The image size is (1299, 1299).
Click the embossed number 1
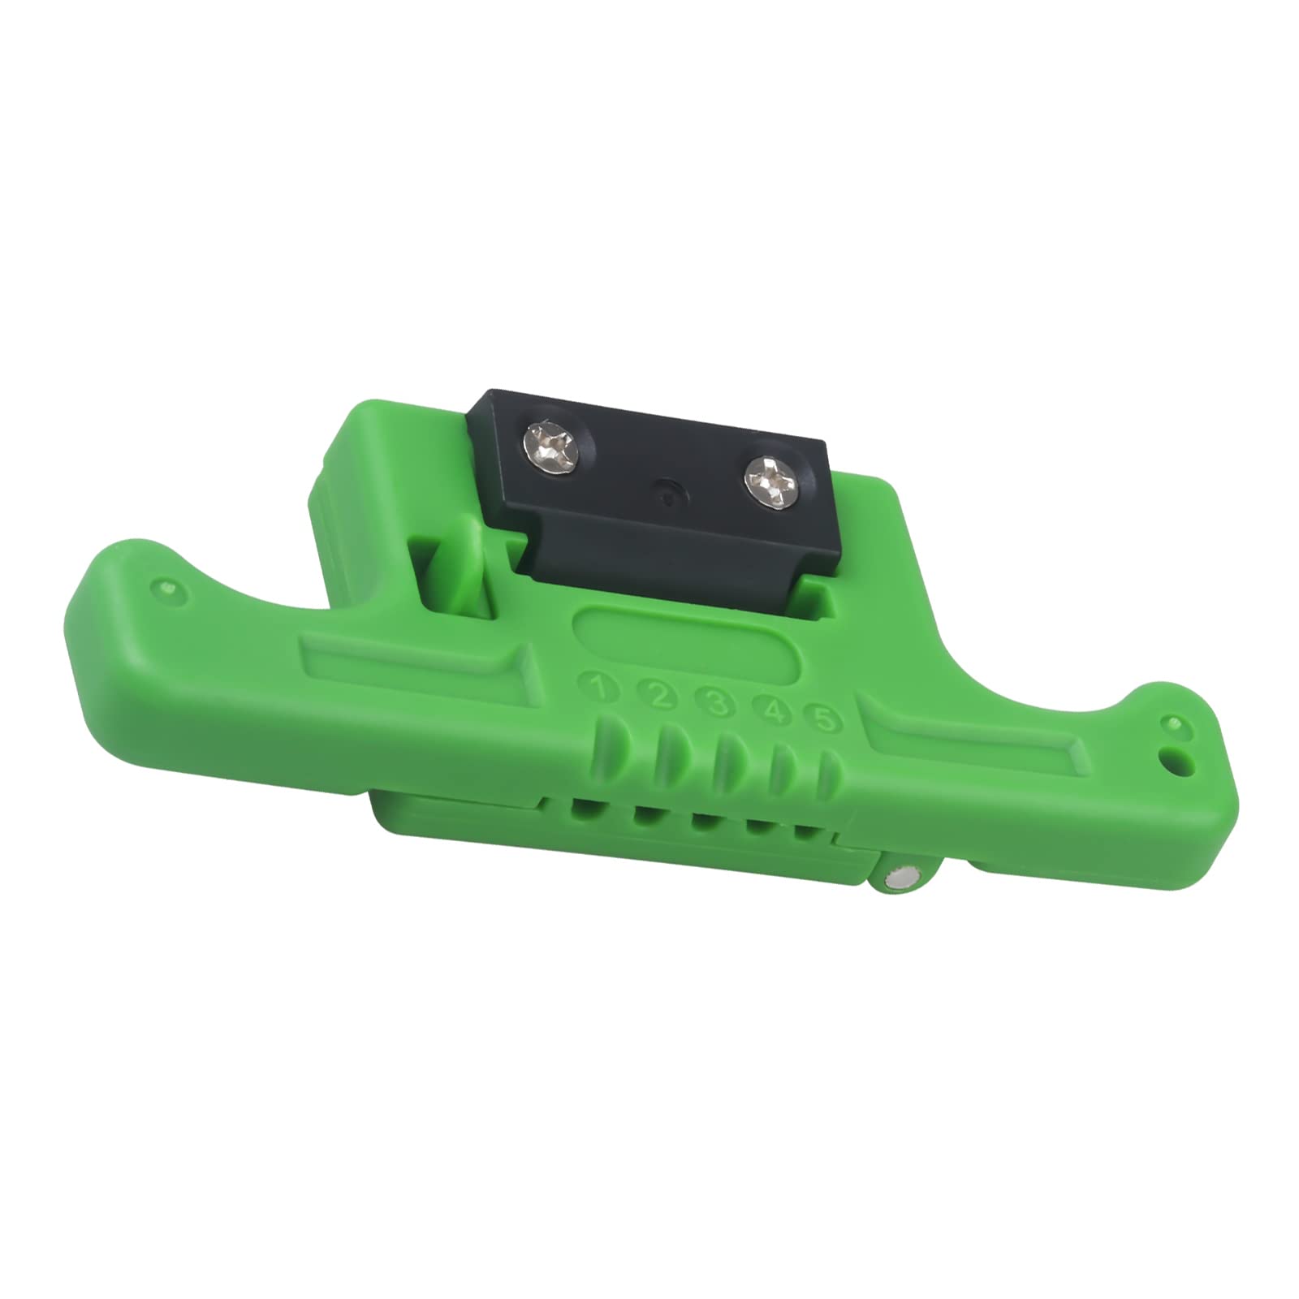(x=601, y=690)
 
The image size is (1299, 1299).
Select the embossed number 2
(x=658, y=696)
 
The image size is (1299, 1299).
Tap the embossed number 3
(x=717, y=703)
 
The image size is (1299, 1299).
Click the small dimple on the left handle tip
(x=167, y=585)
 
